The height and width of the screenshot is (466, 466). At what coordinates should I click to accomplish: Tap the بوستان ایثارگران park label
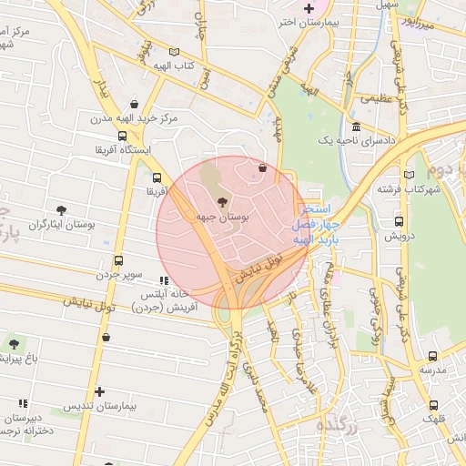[x=37, y=224]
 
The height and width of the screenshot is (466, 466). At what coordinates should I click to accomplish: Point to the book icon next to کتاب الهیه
[x=174, y=52]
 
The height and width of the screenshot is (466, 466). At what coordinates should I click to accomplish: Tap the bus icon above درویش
[x=399, y=221]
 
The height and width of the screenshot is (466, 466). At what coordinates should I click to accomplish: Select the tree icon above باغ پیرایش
[x=14, y=343]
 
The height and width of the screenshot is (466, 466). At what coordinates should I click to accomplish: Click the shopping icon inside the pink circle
[x=263, y=167]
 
